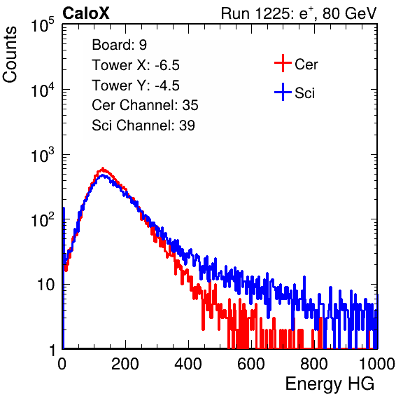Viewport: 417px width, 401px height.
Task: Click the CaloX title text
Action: (x=85, y=13)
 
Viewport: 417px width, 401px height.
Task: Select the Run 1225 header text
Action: (x=299, y=13)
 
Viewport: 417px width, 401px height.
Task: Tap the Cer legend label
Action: (x=306, y=64)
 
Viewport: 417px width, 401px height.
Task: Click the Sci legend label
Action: (x=304, y=93)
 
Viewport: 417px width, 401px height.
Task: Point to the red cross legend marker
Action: (x=283, y=63)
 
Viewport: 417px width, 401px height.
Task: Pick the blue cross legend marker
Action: (x=283, y=92)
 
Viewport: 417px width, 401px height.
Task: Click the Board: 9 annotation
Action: (x=119, y=45)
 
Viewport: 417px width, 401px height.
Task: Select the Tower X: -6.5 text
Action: (x=136, y=65)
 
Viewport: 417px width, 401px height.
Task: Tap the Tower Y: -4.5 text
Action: (x=136, y=86)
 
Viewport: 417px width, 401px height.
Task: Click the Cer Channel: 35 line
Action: (x=145, y=105)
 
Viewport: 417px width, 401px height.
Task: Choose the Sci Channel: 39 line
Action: (x=143, y=125)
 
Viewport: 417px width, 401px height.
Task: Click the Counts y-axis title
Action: (x=10, y=55)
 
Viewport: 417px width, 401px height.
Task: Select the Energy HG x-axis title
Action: (x=330, y=384)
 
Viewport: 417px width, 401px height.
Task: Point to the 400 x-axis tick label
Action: (x=188, y=364)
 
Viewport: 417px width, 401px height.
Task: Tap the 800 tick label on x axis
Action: (x=314, y=364)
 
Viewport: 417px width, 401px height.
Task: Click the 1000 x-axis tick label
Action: (x=377, y=364)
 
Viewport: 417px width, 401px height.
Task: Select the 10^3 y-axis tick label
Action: (x=43, y=155)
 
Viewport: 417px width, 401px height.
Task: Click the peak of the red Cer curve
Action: (x=103, y=168)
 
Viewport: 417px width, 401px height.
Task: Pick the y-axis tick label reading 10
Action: (x=45, y=285)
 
